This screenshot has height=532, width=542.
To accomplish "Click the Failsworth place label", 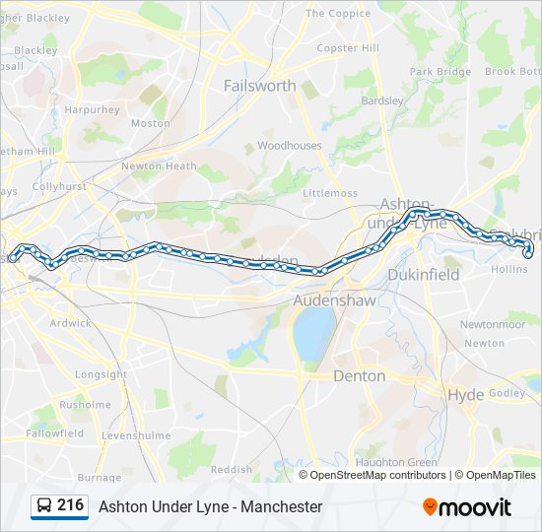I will pyautogui.click(x=259, y=86).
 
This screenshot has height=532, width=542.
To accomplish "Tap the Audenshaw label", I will pyautogui.click(x=335, y=300).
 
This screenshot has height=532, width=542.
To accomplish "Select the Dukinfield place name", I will pyautogui.click(x=424, y=275).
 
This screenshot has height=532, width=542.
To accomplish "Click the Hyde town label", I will pyautogui.click(x=466, y=394).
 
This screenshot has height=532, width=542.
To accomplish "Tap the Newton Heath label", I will pyautogui.click(x=159, y=166).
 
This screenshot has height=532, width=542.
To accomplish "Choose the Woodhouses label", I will pyautogui.click(x=289, y=145).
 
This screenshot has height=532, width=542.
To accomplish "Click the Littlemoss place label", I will pyautogui.click(x=330, y=193).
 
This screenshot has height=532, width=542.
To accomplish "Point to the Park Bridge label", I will pyautogui.click(x=440, y=72).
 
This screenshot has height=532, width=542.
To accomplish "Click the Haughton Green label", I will pyautogui.click(x=396, y=462).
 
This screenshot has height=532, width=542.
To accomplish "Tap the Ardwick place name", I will pyautogui.click(x=70, y=322).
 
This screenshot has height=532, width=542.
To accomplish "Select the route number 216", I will pyautogui.click(x=70, y=505).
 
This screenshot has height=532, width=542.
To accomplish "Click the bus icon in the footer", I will pyautogui.click(x=44, y=506).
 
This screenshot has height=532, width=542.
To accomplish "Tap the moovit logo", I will pyautogui.click(x=467, y=507).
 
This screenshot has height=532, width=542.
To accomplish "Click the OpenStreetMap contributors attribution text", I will pyautogui.click(x=373, y=475).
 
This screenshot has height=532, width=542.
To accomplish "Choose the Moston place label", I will pyautogui.click(x=150, y=123).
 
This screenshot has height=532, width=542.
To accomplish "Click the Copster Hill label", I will pyautogui.click(x=348, y=47).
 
